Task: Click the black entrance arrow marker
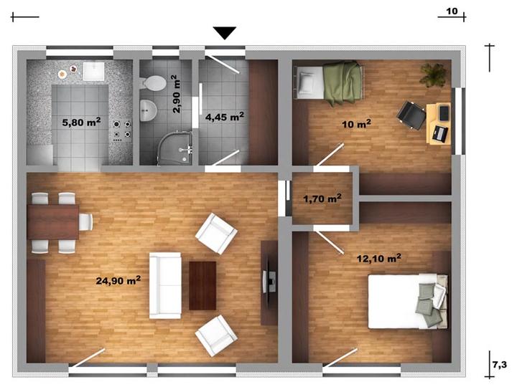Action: click(x=225, y=33)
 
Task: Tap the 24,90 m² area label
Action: click(x=118, y=280)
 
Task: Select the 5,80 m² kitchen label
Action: click(x=81, y=123)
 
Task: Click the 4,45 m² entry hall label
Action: click(x=225, y=117)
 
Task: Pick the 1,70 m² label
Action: click(x=322, y=199)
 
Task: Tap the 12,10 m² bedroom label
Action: click(x=379, y=258)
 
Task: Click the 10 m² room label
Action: click(x=356, y=124)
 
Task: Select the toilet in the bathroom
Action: click(x=153, y=83)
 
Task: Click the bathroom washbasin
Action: click(x=148, y=110)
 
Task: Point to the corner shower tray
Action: click(x=175, y=148)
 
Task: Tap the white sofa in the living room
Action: click(x=165, y=285)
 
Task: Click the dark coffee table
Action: click(x=202, y=286)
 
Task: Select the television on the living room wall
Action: click(x=269, y=281)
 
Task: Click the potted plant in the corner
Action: click(x=433, y=75)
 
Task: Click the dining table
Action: click(x=53, y=221)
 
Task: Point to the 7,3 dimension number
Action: click(x=500, y=365)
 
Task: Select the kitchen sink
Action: click(x=93, y=72)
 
